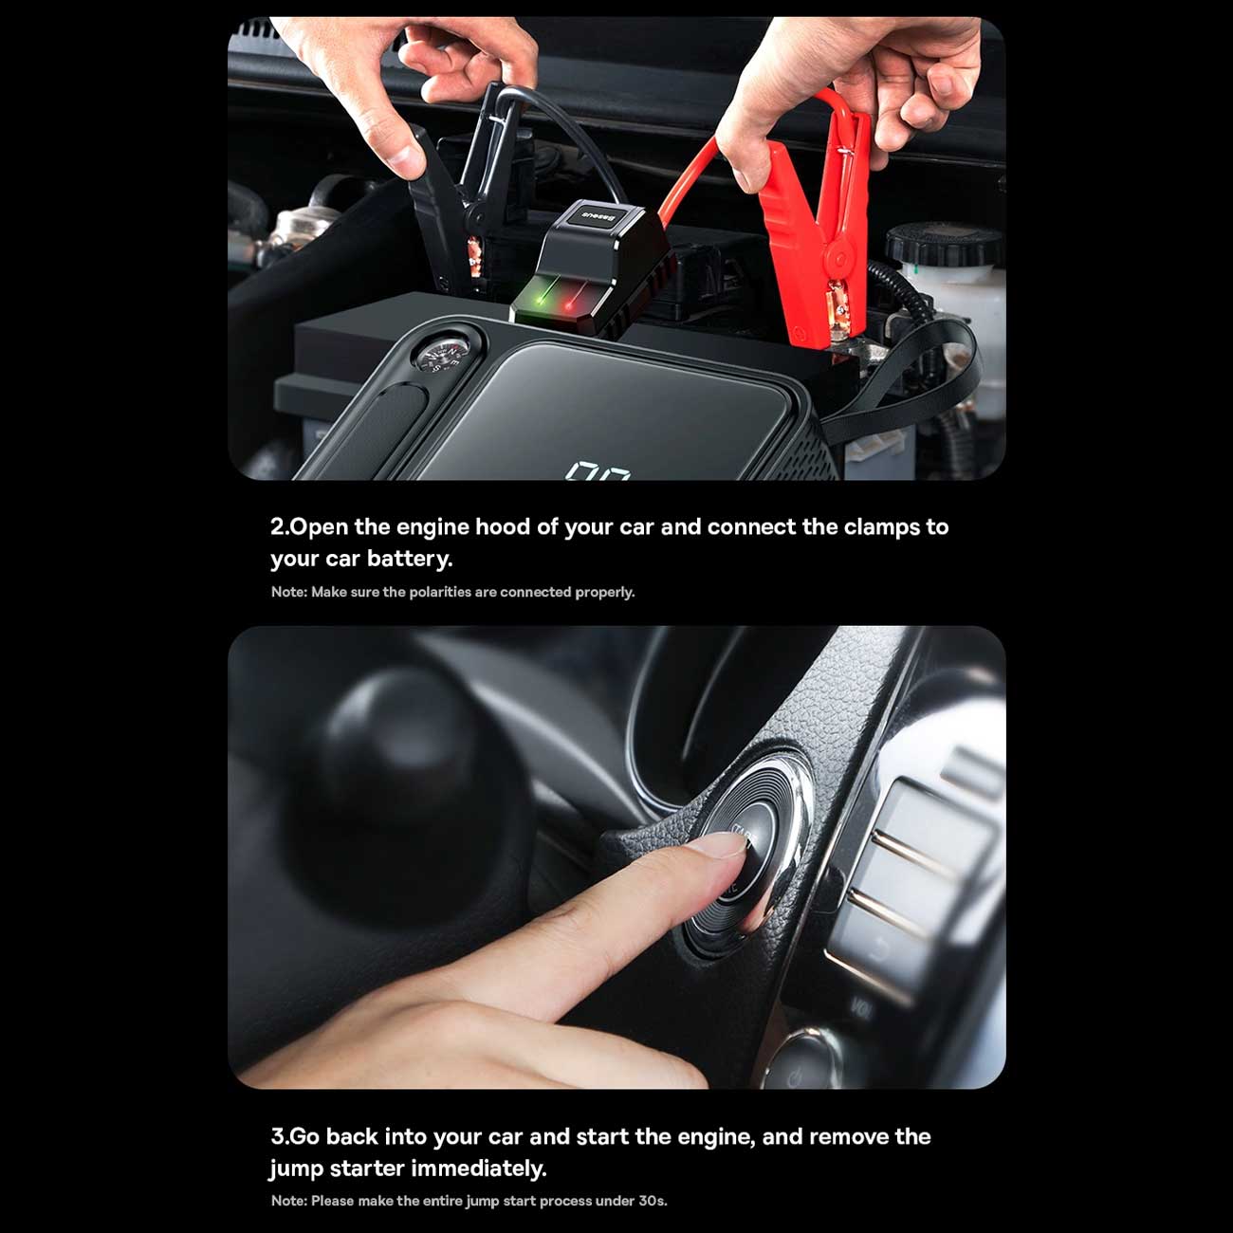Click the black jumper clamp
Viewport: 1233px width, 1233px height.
(x=448, y=192)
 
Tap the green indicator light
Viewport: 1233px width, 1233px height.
(x=543, y=298)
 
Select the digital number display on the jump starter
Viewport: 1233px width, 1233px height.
(x=598, y=471)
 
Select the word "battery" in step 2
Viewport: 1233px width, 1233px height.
(x=410, y=560)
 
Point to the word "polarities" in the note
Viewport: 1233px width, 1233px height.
(x=440, y=593)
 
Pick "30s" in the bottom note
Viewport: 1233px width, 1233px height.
(x=653, y=1201)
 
